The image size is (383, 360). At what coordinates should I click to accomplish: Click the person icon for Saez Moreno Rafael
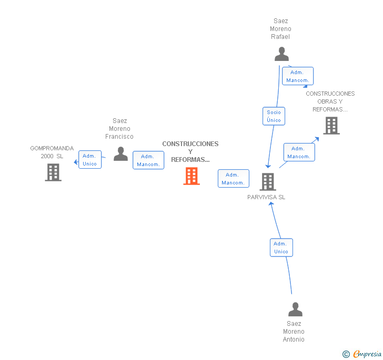(281, 54)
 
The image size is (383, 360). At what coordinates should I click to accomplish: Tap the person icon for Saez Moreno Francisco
(120, 154)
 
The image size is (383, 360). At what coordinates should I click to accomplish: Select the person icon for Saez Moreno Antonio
(295, 309)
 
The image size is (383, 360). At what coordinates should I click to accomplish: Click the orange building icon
(191, 176)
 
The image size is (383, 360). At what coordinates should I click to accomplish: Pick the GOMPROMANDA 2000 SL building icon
(53, 172)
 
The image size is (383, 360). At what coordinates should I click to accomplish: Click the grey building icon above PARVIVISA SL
(268, 182)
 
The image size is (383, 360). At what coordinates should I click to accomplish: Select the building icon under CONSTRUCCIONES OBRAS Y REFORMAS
(331, 126)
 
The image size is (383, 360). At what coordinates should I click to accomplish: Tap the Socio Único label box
(274, 116)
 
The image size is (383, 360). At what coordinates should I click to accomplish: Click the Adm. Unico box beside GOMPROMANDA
(90, 160)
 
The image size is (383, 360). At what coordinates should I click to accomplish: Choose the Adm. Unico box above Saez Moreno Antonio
(281, 248)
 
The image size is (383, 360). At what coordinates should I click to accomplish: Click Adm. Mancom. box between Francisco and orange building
(148, 160)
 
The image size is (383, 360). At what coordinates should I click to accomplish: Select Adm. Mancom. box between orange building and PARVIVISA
(234, 178)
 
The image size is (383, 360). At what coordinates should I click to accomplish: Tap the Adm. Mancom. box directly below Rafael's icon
(298, 76)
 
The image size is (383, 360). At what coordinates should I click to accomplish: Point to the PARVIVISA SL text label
(266, 197)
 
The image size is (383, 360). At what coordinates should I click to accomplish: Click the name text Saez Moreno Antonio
(294, 332)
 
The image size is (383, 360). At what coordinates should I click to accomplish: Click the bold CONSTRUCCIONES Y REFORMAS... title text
(190, 151)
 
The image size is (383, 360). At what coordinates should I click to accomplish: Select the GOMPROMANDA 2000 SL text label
(52, 152)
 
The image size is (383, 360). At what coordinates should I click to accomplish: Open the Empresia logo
(362, 354)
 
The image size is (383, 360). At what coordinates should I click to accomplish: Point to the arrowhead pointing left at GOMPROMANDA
(76, 162)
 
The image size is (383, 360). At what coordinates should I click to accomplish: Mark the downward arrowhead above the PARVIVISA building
(268, 166)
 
